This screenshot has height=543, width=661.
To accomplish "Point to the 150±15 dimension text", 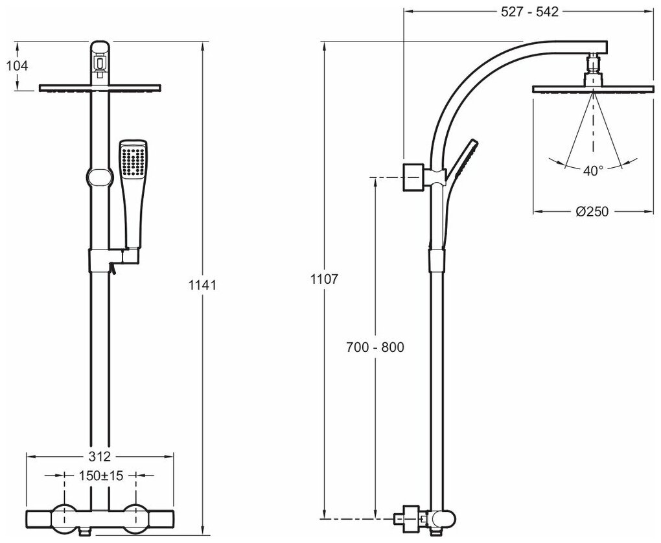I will tap(100, 476).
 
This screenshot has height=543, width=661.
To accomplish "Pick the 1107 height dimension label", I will tap(325, 280).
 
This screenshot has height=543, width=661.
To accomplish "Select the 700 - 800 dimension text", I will tap(375, 347).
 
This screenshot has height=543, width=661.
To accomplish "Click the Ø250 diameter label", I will tap(592, 211).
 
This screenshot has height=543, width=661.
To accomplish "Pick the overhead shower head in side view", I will tap(592, 89).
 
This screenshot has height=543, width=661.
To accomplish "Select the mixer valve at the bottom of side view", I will tap(428, 518).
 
